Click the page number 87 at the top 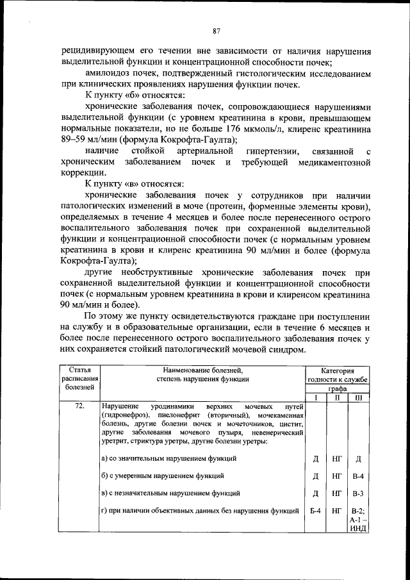click(217, 30)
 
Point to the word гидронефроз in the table click(122, 416)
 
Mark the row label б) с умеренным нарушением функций click(163, 476)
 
